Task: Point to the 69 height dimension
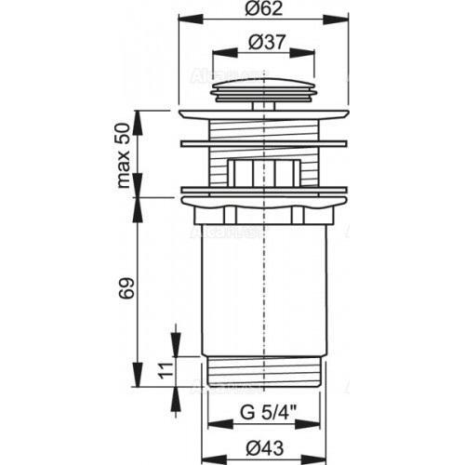coord(123,286)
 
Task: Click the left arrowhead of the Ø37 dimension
coord(217,51)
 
